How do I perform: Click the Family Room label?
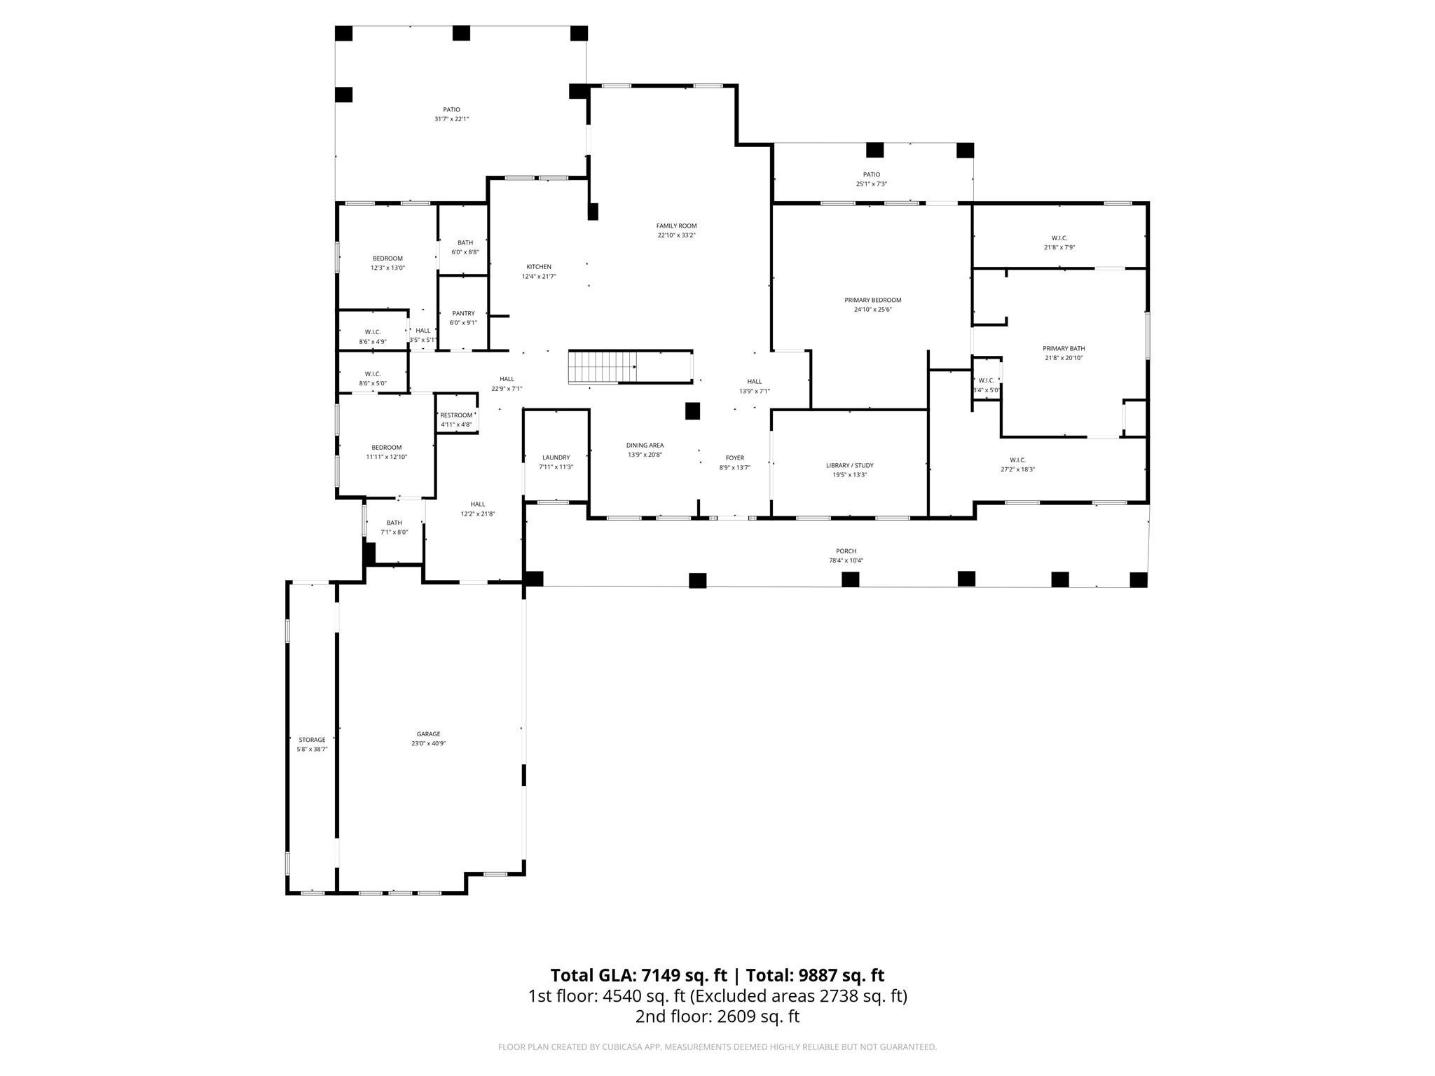[676, 226]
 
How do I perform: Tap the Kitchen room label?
[539, 267]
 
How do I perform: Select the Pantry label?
[463, 313]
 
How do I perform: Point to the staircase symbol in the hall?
[602, 367]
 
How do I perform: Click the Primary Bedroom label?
[872, 300]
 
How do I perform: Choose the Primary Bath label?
[1064, 348]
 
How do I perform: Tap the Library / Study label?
[849, 465]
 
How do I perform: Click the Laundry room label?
[556, 457]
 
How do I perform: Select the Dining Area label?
[645, 445]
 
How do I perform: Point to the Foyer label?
[734, 457]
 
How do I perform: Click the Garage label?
[428, 734]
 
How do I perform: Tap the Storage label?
[312, 740]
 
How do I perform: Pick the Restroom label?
[456, 415]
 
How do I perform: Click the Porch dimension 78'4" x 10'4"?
[846, 560]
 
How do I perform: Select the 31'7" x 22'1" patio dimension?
[451, 119]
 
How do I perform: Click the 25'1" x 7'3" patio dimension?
[871, 184]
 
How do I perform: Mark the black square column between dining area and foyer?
[692, 411]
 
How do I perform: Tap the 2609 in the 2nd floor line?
[734, 1016]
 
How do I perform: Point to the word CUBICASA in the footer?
[624, 1047]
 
